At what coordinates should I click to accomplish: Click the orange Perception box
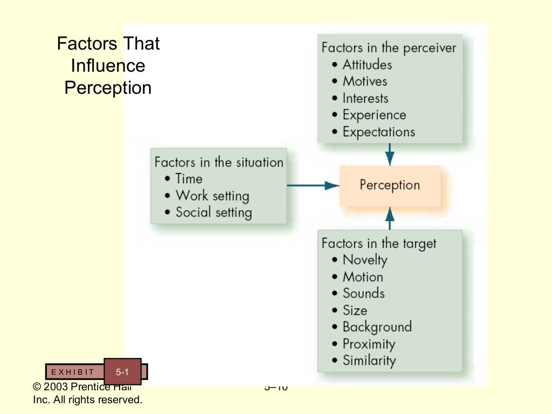click(390, 185)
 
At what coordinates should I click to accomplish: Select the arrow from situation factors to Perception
click(313, 185)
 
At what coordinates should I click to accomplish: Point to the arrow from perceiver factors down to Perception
click(390, 154)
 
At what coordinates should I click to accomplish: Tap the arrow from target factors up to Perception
click(390, 218)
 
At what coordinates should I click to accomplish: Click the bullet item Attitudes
click(367, 65)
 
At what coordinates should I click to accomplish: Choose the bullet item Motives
click(365, 81)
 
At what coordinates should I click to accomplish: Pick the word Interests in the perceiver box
click(365, 98)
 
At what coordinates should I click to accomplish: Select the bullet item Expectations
click(378, 132)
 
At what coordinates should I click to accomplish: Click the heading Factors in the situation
click(218, 162)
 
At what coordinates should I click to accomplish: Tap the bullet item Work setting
click(212, 196)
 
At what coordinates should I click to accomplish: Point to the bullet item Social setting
click(213, 212)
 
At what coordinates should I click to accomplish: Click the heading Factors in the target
click(379, 243)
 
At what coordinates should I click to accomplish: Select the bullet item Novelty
click(365, 260)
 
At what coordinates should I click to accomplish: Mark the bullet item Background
click(377, 327)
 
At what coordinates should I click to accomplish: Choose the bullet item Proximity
click(369, 344)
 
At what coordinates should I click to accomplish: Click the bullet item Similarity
click(369, 361)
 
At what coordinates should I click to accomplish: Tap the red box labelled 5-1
click(122, 371)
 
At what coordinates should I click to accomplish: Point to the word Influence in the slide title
click(108, 66)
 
